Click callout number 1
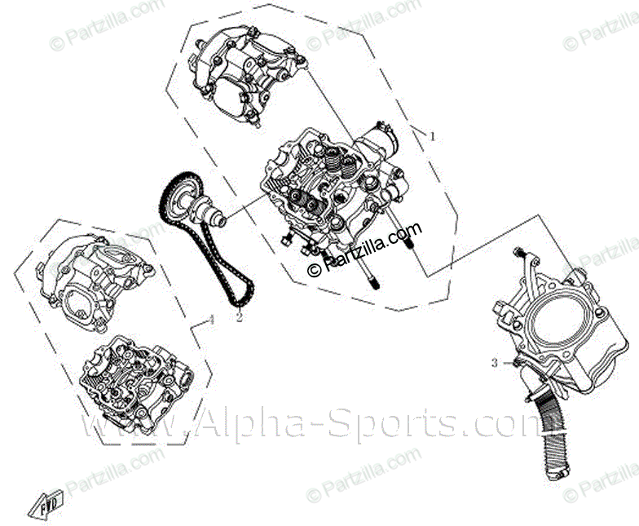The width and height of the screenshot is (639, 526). tap(433, 136)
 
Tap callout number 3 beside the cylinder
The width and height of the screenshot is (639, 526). tap(494, 361)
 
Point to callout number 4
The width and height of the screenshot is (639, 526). tap(211, 320)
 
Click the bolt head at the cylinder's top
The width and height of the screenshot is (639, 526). tap(519, 253)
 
